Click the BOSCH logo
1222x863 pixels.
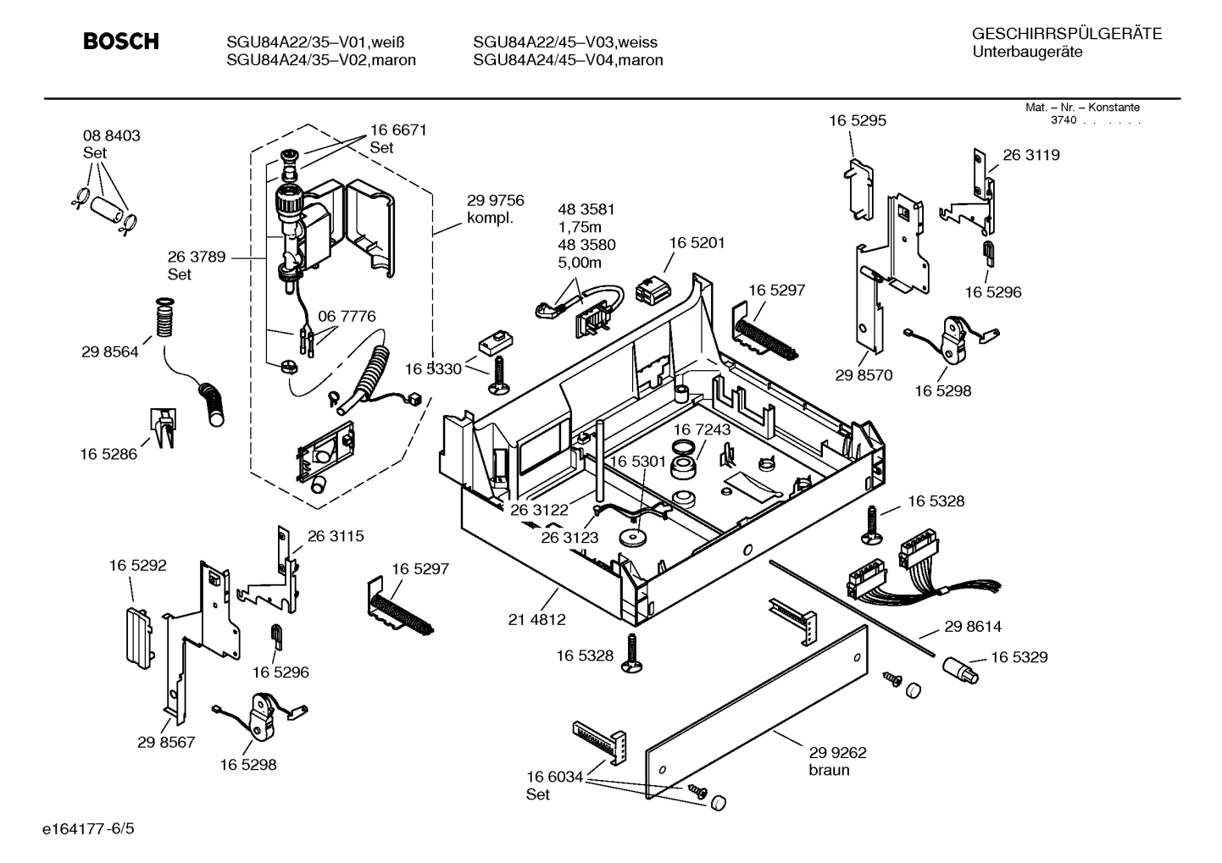(x=120, y=41)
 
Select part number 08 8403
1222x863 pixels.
(x=111, y=136)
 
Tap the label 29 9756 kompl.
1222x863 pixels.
(x=495, y=209)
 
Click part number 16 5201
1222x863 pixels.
(x=697, y=243)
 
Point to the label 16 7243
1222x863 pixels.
(x=702, y=430)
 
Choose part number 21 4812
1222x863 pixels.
(x=536, y=619)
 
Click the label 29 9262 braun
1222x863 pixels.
(x=837, y=761)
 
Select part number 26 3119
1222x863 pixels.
(x=1030, y=155)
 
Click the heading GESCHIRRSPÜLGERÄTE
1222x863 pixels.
(x=1066, y=35)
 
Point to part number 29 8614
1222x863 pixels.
(x=973, y=627)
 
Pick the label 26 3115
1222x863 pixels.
(x=336, y=536)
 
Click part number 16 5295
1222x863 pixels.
(x=858, y=121)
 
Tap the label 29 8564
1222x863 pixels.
(x=109, y=352)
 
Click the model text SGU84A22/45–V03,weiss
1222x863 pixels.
(x=564, y=42)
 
